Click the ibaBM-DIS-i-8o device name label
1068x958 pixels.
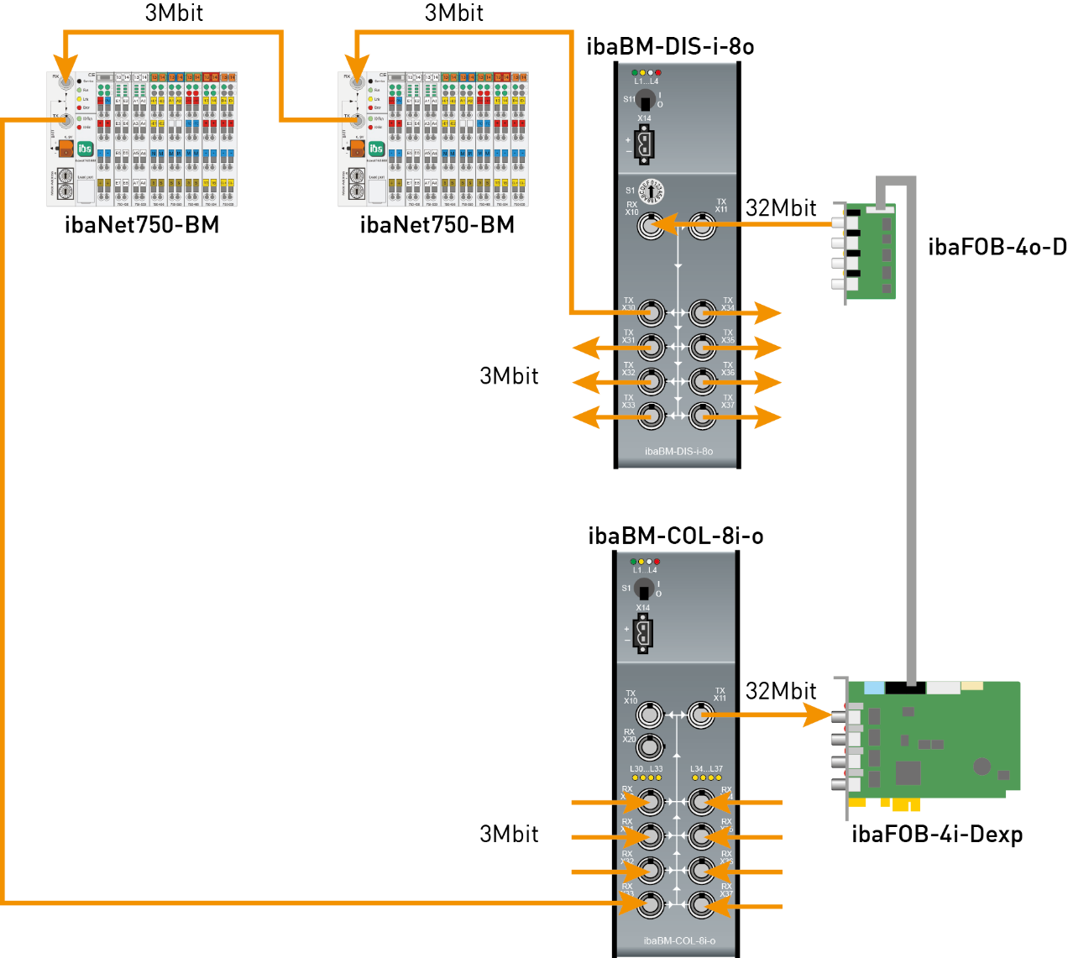pos(678,452)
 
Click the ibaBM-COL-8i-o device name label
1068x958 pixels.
pos(679,940)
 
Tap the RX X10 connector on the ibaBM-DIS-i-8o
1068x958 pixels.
pos(650,225)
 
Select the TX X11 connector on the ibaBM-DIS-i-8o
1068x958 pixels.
pos(703,225)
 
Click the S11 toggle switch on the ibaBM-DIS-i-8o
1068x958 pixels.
pos(645,102)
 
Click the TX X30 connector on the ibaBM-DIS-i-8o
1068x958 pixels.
pos(650,314)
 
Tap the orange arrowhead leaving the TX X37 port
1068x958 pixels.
pos(767,416)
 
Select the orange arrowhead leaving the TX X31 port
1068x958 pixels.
pos(586,347)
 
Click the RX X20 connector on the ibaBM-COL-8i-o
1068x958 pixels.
pos(648,746)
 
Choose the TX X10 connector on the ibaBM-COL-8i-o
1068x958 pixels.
pos(648,715)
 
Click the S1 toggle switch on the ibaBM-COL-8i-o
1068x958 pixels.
pos(644,589)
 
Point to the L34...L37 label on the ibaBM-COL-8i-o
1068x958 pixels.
pos(706,769)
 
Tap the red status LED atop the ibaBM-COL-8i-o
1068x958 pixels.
pos(657,562)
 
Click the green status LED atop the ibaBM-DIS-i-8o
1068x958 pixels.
pos(635,73)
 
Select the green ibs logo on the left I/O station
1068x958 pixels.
pos(85,149)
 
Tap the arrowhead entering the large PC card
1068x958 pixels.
pos(818,715)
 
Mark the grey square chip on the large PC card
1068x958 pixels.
pos(908,772)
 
